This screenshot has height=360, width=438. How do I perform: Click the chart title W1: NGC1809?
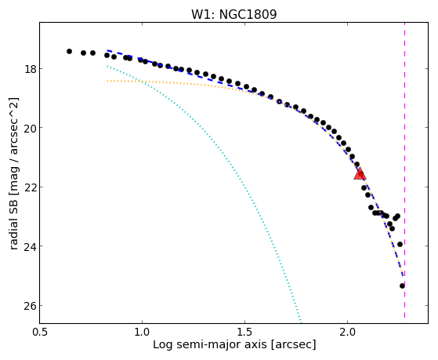tap(233, 14)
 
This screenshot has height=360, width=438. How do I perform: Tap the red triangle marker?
tap(360, 173)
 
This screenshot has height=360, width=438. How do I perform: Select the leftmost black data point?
tap(69, 51)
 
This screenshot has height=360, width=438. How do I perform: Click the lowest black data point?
tap(402, 285)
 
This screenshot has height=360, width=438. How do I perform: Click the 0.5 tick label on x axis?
tap(40, 333)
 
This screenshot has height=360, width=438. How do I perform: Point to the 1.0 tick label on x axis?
tap(142, 333)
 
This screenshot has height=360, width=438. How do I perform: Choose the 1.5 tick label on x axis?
tap(244, 333)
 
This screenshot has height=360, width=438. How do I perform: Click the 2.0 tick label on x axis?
tap(347, 333)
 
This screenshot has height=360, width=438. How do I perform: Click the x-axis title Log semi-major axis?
tap(210, 345)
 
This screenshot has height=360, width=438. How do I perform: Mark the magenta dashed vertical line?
tap(405, 170)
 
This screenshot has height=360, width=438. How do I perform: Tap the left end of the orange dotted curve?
tap(107, 81)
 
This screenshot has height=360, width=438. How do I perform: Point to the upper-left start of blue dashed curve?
tap(107, 50)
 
